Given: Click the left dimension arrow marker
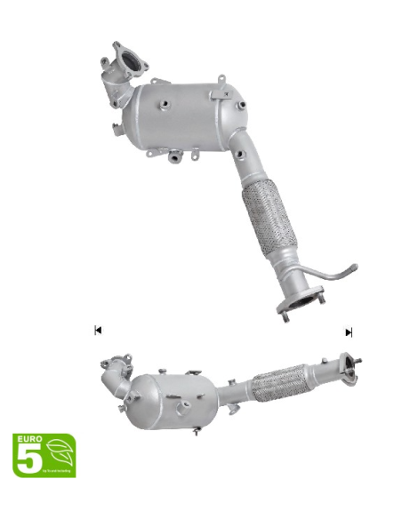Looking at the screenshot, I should click(x=98, y=331).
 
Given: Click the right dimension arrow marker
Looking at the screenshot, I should click(x=349, y=331).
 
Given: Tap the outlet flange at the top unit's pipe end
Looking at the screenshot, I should click(x=297, y=307).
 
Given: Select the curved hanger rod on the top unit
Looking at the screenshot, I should click(x=333, y=275).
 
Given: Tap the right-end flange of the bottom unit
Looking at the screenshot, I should click(x=351, y=366).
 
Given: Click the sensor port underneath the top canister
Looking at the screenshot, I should click(x=175, y=159).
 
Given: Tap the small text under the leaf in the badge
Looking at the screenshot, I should click(x=59, y=471).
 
